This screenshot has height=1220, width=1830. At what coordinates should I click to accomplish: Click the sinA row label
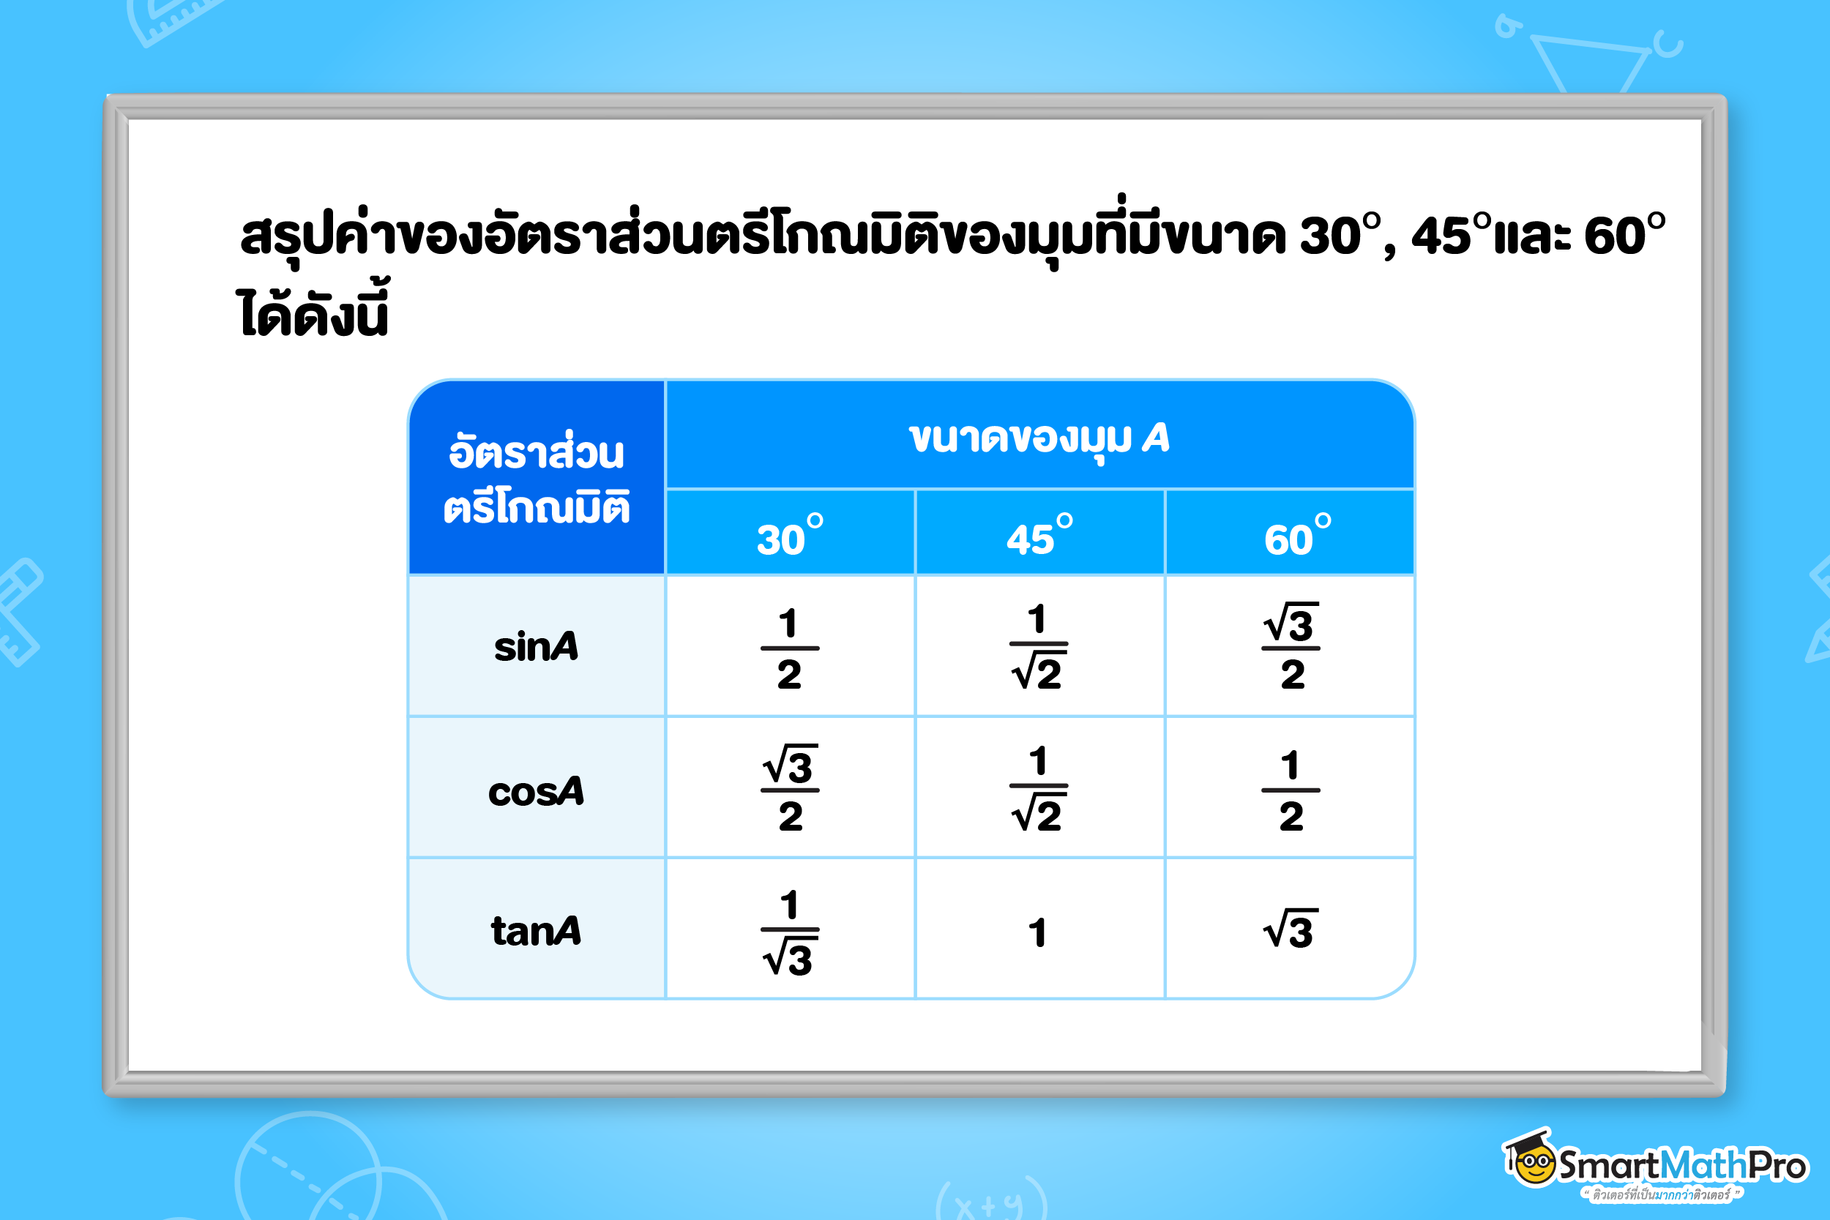(x=536, y=646)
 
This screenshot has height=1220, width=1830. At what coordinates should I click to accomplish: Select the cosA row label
(x=536, y=791)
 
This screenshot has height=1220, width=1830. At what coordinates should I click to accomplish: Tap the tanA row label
(x=536, y=931)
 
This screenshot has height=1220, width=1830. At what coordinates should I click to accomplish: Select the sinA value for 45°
(x=1038, y=645)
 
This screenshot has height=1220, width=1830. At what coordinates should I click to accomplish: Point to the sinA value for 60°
(x=1291, y=645)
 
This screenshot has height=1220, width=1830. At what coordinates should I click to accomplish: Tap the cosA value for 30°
(x=790, y=788)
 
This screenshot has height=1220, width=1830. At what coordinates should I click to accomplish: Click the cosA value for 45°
(x=1038, y=788)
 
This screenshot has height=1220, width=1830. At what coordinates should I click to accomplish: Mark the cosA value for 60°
(x=1291, y=790)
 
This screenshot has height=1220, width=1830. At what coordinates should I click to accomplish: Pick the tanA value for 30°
(x=790, y=932)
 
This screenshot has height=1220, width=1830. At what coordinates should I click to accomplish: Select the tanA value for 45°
(x=1037, y=932)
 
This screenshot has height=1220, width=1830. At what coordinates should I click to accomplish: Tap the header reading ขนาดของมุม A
(x=1039, y=439)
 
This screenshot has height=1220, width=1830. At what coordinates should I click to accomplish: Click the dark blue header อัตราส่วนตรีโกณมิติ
(x=536, y=478)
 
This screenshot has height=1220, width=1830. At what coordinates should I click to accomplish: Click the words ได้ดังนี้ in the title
(x=312, y=310)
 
